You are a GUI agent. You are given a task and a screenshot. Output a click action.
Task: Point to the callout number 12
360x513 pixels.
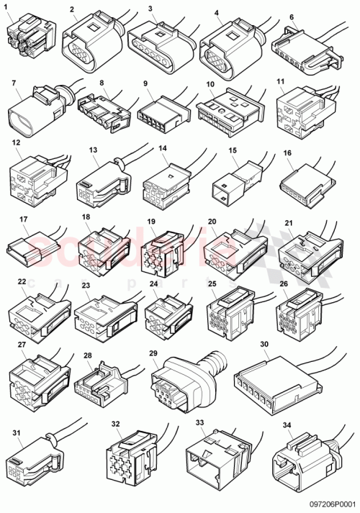pos(16,144)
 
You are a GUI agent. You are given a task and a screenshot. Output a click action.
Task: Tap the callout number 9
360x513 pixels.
pos(146,84)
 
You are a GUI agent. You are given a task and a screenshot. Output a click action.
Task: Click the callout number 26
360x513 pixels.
pos(284,283)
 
